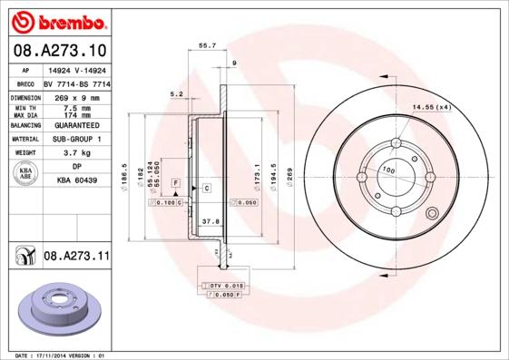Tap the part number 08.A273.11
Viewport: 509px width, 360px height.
pos(76,258)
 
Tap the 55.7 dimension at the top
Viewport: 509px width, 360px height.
pos(207,45)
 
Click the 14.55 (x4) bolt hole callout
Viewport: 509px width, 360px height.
pos(431,108)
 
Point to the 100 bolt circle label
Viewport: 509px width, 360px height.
pos(387,170)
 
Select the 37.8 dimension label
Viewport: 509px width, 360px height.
pos(210,220)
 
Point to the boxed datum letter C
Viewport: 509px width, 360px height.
pos(206,188)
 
